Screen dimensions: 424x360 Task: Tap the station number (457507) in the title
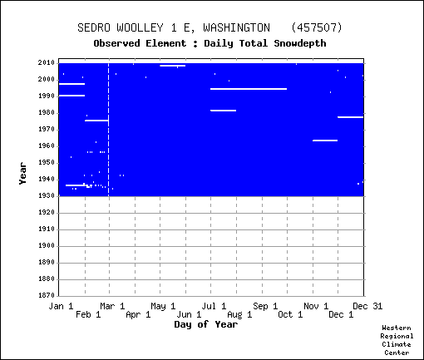point(317,27)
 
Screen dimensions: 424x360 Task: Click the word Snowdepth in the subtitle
point(300,43)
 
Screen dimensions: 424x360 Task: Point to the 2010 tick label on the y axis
point(47,63)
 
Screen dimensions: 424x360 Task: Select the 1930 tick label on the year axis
point(47,196)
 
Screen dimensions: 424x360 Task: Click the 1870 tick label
point(47,295)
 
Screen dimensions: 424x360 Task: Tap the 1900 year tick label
point(47,246)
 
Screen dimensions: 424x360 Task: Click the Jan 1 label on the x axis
point(61,306)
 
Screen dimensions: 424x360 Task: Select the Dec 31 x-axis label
point(367,306)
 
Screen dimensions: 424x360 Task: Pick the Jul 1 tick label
point(214,306)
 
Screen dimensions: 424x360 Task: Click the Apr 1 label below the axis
point(138,314)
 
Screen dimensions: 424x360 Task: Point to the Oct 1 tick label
point(290,314)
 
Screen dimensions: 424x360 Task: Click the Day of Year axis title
point(206,324)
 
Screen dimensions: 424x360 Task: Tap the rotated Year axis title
point(22,174)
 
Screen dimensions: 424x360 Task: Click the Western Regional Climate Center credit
point(397,340)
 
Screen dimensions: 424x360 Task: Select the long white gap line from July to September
point(249,89)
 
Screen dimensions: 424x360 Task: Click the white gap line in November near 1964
point(325,141)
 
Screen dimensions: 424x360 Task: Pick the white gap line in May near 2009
point(173,66)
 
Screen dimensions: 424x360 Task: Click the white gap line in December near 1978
point(350,117)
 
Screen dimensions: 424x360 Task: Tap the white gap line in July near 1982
point(223,111)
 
